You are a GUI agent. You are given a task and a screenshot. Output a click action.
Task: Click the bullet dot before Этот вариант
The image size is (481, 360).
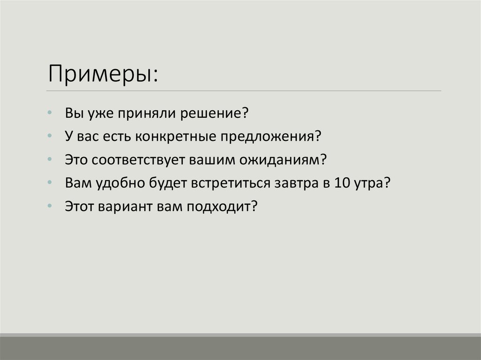pos(50,205)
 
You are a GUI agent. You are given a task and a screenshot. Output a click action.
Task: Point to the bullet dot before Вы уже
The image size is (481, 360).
pos(50,114)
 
